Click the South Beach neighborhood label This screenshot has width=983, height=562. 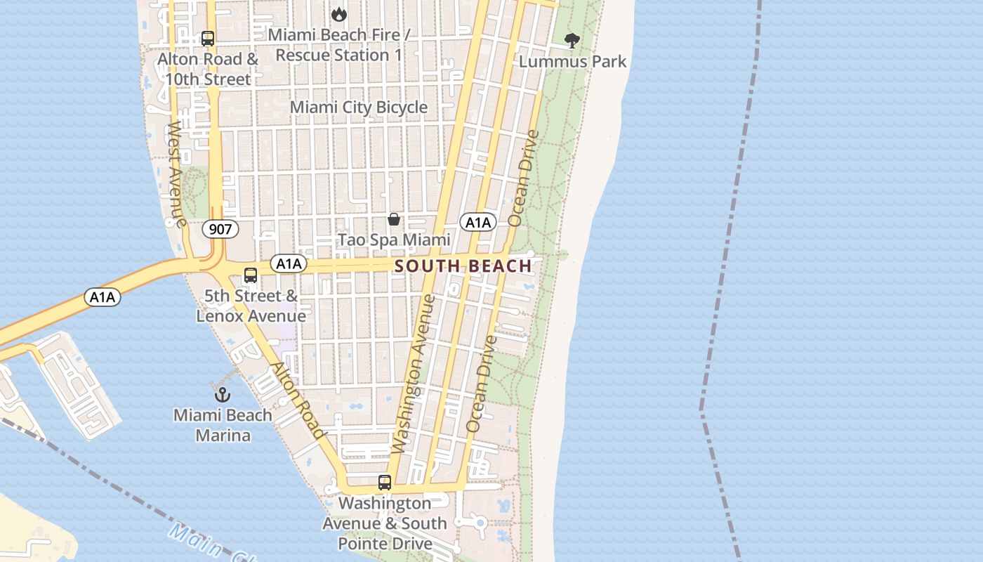click(463, 266)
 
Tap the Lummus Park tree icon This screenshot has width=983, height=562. click(572, 41)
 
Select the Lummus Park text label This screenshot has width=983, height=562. click(572, 62)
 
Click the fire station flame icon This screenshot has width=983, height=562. click(339, 13)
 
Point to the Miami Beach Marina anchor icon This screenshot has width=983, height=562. click(223, 394)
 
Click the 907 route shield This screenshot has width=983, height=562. click(220, 228)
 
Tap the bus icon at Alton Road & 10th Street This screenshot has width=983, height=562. click(208, 39)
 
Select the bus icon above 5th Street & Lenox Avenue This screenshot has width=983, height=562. click(251, 275)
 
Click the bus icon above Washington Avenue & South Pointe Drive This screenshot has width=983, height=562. click(385, 483)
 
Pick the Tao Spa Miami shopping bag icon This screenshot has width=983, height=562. click(394, 219)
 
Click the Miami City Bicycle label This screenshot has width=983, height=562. click(359, 107)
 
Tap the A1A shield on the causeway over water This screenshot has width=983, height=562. click(103, 297)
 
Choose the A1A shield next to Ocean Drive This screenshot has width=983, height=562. click(478, 223)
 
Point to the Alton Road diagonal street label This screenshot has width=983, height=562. click(298, 400)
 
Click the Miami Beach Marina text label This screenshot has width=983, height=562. click(223, 425)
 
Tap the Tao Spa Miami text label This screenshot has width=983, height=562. click(394, 240)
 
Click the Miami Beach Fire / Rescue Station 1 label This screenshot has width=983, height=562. click(339, 45)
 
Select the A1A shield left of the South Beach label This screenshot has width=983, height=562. click(289, 264)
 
